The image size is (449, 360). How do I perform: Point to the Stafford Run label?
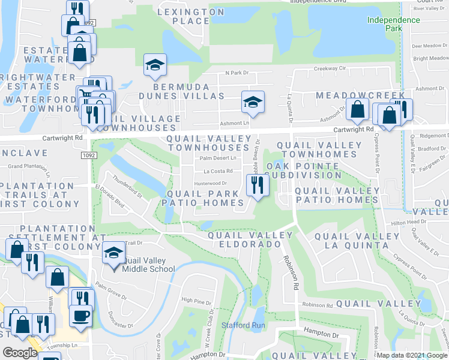[243, 325]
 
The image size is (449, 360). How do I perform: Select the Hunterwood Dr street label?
[209, 184]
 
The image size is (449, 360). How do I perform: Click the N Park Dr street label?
[237, 73]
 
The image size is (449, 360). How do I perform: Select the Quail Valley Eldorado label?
[244, 240]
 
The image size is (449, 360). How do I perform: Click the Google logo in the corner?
[20, 353]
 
